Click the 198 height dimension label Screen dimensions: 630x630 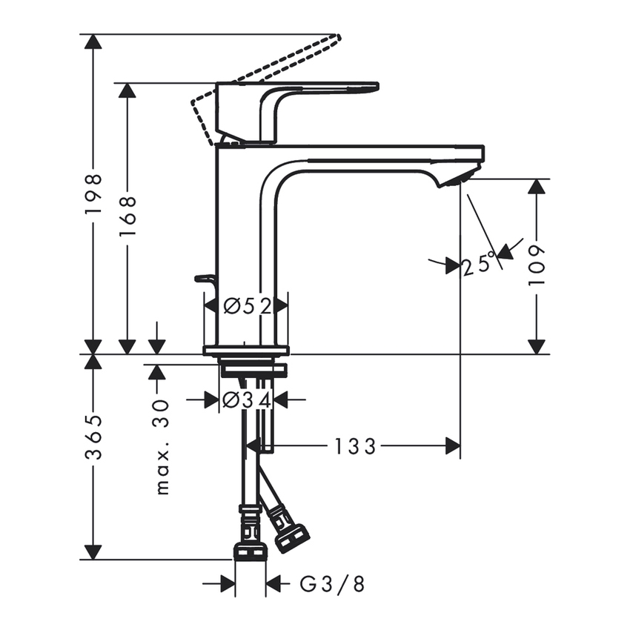[93, 194]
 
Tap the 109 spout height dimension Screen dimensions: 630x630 [536, 265]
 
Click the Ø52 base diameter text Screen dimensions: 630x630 [245, 305]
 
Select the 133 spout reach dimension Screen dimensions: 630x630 [355, 446]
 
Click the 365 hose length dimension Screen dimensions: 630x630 [93, 437]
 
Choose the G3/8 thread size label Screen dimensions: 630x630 [332, 585]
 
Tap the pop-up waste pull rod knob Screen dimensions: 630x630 [204, 279]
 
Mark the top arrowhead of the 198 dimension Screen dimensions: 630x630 [93, 42]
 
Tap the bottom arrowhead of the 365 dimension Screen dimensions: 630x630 [93, 551]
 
